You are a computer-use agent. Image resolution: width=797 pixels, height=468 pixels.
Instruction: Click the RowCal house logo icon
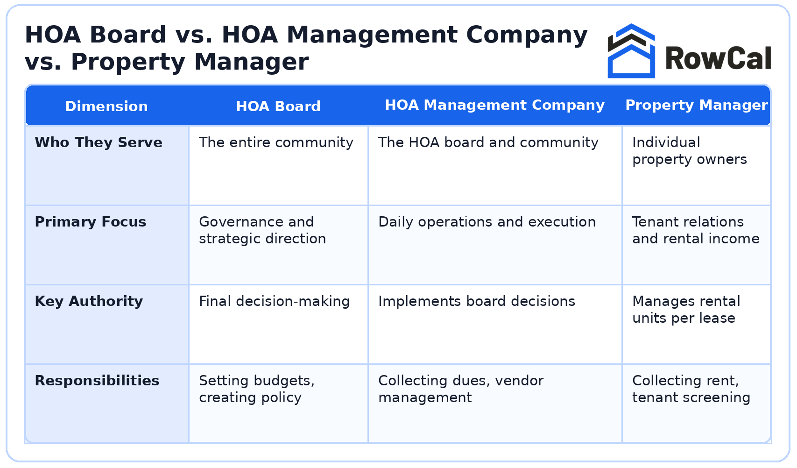tap(631, 51)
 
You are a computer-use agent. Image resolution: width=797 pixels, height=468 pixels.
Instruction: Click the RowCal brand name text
tap(718, 59)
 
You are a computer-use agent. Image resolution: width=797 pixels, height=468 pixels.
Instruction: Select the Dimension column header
tap(106, 106)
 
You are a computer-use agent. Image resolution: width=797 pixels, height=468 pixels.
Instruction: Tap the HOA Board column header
tap(278, 106)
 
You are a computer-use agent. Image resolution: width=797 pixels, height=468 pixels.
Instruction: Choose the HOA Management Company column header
tap(494, 105)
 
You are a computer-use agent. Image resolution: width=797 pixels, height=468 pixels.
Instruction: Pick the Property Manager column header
tap(696, 105)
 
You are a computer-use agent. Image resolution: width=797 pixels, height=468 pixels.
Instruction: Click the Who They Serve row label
tap(99, 142)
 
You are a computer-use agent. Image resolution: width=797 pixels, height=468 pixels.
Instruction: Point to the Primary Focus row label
tap(91, 222)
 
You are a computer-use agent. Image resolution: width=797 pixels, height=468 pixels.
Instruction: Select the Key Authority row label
tap(89, 301)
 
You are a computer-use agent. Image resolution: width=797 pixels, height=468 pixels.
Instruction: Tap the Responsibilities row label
tap(97, 381)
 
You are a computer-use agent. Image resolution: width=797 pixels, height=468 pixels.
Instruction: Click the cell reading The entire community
tap(276, 142)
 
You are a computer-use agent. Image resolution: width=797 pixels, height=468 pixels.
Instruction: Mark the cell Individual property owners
tap(689, 151)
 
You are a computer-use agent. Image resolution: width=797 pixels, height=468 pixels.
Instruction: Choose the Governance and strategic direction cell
tap(262, 230)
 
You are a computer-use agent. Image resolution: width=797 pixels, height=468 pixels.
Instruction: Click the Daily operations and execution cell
tap(487, 222)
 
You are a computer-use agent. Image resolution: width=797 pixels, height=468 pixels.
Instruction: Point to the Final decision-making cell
tap(274, 301)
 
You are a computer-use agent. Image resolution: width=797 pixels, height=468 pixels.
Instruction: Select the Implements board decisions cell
tap(477, 301)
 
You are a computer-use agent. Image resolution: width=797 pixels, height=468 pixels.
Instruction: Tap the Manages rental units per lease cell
tap(686, 310)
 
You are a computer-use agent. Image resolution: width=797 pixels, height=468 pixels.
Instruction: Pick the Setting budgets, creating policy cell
tap(257, 389)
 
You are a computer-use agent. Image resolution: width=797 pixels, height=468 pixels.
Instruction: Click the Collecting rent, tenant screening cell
tap(691, 389)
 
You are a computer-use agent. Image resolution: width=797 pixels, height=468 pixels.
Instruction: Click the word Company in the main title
tap(527, 35)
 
